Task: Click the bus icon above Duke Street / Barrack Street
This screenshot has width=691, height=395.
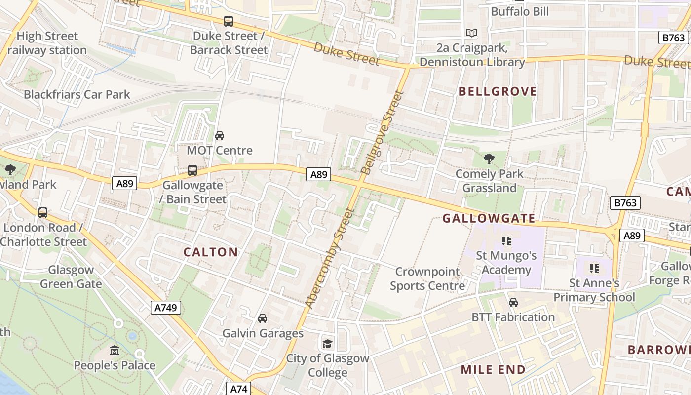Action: tap(228, 21)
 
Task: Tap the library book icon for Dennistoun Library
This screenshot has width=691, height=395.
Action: tap(472, 33)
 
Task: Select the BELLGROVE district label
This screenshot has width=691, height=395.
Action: tap(498, 91)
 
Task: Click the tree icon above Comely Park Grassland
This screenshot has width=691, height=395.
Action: tap(489, 159)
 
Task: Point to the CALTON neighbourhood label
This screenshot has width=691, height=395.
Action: tap(211, 252)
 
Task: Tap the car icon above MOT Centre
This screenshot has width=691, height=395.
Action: tap(220, 135)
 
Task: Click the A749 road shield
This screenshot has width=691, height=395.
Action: tap(166, 308)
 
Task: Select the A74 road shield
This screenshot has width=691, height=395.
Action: tap(239, 389)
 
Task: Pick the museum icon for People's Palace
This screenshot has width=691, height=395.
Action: tap(115, 351)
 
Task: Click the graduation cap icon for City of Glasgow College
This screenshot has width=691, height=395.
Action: tap(327, 344)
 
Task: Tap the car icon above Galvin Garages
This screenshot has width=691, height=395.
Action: tap(263, 318)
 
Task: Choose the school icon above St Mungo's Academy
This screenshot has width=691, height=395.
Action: tap(506, 241)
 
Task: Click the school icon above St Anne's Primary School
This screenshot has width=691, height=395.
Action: tap(594, 269)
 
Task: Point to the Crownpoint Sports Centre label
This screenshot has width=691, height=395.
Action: tap(427, 278)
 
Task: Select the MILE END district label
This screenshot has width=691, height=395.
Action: tap(493, 369)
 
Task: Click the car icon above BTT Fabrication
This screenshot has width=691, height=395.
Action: tap(513, 302)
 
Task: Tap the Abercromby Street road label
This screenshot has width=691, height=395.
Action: tap(330, 258)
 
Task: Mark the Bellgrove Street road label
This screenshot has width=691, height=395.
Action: tap(383, 132)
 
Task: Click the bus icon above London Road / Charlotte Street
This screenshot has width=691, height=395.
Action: tap(43, 213)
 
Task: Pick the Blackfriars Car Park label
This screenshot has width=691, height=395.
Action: tap(77, 94)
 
